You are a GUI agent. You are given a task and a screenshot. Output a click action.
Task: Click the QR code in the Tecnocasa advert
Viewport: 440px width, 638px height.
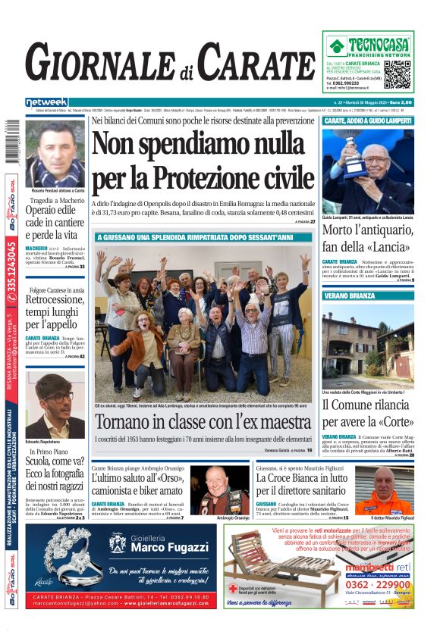tap(397, 74)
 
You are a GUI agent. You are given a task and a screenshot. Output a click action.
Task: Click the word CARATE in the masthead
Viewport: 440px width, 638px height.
tap(257, 63)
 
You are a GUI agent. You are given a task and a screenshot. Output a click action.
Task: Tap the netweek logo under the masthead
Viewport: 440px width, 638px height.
tap(46, 102)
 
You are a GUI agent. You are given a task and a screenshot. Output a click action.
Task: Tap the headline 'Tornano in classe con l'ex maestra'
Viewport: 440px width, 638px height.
tap(203, 421)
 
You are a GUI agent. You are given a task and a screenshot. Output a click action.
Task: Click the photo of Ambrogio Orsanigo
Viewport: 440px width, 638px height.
tap(220, 488)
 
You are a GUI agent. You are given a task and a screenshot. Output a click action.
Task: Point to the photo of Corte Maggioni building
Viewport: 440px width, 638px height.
tap(368, 346)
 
